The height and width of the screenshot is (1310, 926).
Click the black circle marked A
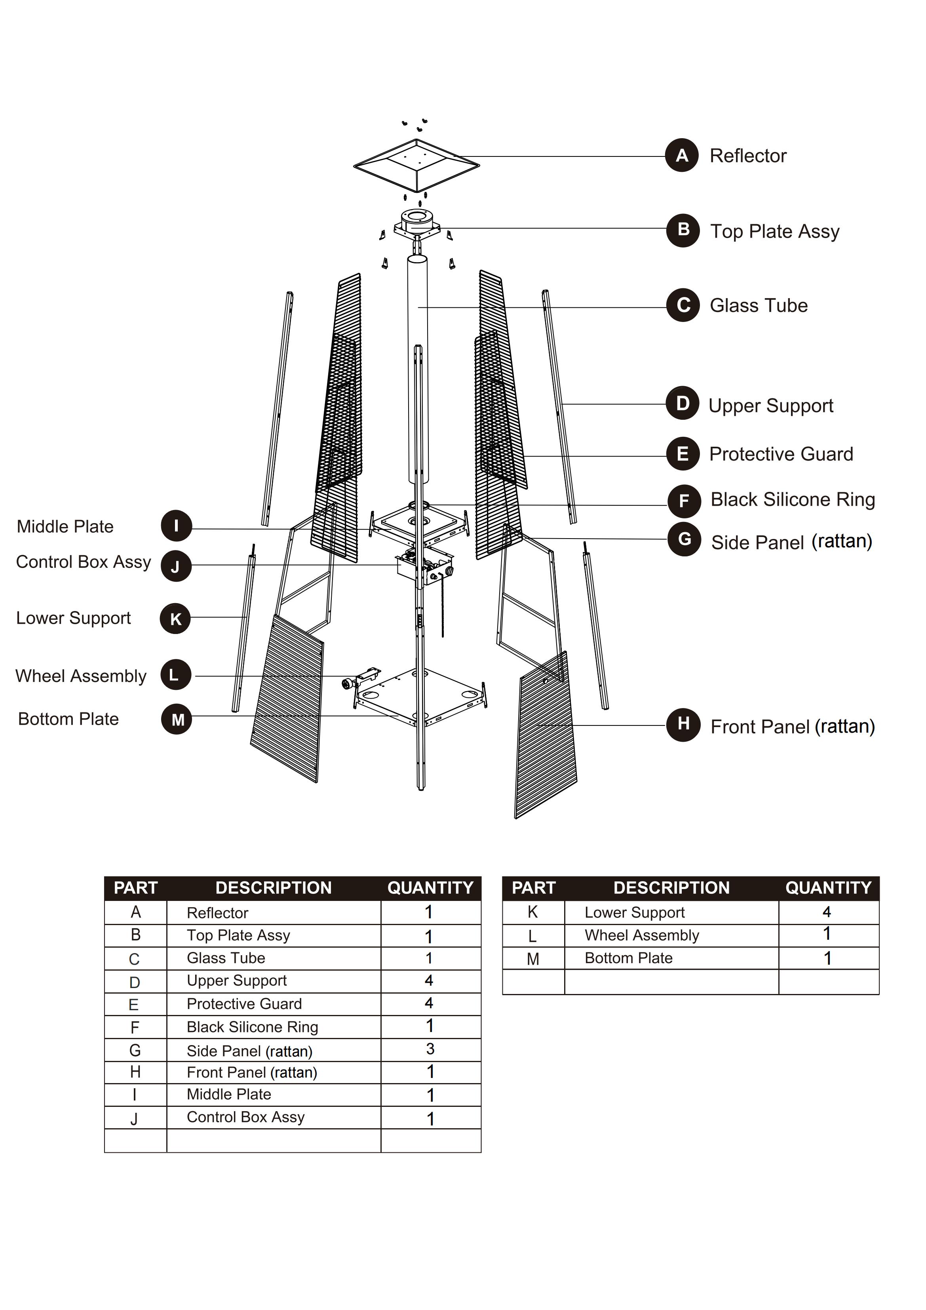click(682, 155)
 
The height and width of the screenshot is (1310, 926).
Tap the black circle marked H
click(683, 725)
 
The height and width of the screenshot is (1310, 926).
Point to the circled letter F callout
click(684, 501)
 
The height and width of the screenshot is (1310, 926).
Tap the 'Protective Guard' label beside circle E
click(781, 454)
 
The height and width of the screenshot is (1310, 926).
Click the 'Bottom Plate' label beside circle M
click(68, 719)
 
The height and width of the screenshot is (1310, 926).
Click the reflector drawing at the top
click(416, 166)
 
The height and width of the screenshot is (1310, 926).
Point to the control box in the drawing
click(425, 568)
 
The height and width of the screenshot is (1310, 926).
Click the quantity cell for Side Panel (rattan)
click(430, 1049)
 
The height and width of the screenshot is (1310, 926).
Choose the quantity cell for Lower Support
click(827, 912)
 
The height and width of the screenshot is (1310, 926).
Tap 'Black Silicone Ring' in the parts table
click(252, 1027)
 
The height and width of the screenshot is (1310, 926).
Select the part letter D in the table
click(135, 982)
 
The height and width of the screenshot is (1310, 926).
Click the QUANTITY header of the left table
click(430, 888)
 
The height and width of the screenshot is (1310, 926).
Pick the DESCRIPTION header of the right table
click(671, 888)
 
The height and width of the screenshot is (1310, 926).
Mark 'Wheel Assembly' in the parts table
click(641, 935)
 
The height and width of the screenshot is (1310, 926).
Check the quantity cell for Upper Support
click(429, 981)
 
